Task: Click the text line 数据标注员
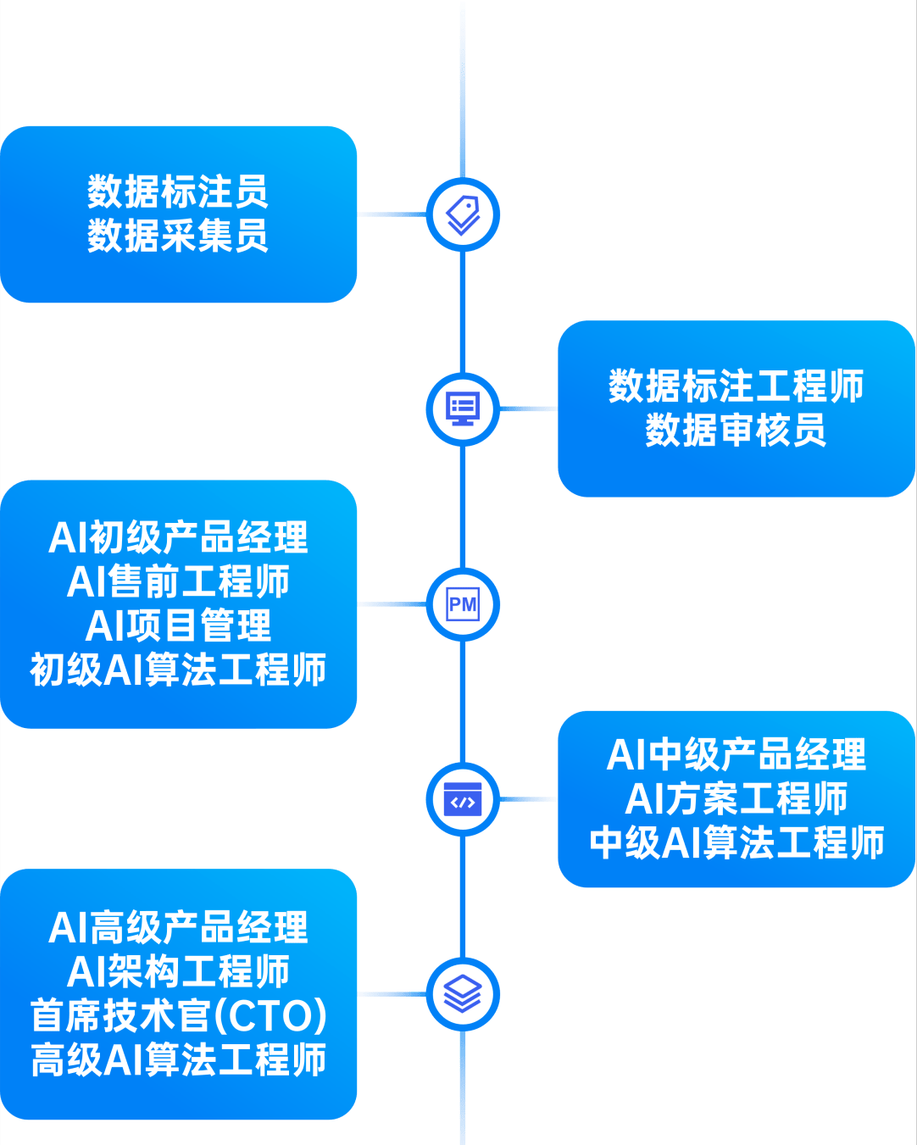(178, 192)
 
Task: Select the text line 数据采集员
(178, 236)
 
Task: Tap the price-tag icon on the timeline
(463, 214)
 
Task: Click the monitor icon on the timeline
(463, 409)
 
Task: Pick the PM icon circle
(463, 604)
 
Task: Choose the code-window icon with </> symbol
(463, 800)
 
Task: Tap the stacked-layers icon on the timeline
(463, 994)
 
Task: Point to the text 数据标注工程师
(736, 386)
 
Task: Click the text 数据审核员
(736, 431)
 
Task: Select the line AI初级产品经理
(178, 538)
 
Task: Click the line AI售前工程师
(178, 582)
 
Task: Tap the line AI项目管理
(178, 626)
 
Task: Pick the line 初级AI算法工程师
(178, 670)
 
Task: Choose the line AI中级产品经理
(736, 755)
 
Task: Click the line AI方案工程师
(736, 799)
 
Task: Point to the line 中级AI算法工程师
(736, 843)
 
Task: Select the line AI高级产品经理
(178, 928)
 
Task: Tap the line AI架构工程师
(178, 972)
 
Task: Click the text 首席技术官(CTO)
(178, 1016)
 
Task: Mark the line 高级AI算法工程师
(178, 1060)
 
